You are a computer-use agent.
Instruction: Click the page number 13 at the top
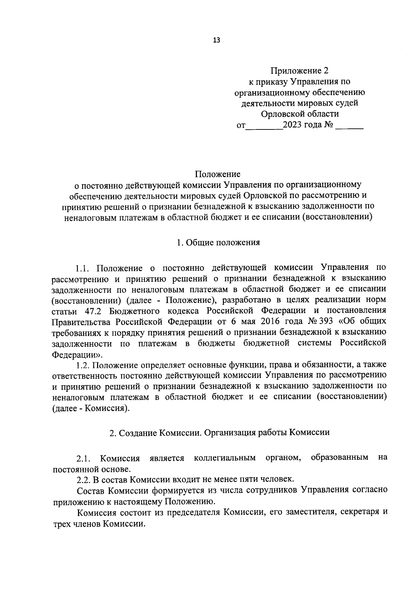pos(216,40)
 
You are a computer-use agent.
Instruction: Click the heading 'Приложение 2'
pos(299,71)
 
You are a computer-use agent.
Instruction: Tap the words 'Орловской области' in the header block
pos(300,114)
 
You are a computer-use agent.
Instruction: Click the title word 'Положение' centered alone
pos(217,174)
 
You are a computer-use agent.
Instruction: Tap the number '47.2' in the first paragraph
pos(93,310)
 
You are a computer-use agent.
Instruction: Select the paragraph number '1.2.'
pos(84,365)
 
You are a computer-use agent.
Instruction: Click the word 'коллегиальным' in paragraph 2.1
pos(225,458)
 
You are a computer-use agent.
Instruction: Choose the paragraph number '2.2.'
pos(84,480)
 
